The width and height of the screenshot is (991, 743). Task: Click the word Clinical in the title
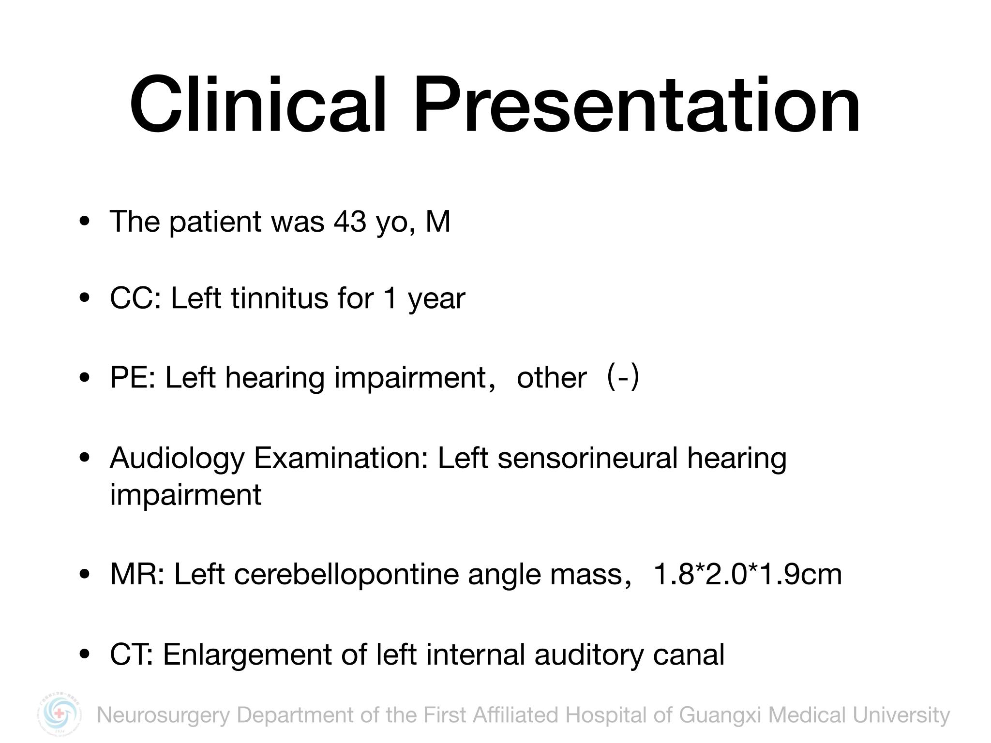(258, 104)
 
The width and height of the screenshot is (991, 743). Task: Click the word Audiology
(177, 459)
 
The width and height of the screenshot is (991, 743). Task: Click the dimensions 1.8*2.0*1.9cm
(748, 575)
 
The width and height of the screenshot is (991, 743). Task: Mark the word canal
(689, 655)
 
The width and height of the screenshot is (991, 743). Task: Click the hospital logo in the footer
(60, 714)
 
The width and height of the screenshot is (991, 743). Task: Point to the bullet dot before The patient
(85, 222)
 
